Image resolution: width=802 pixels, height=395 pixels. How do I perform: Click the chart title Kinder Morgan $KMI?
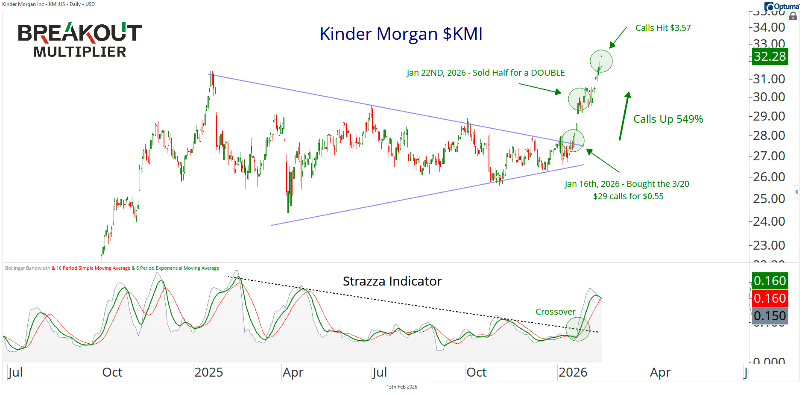(x=401, y=34)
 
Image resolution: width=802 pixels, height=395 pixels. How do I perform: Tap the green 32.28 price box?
(x=770, y=56)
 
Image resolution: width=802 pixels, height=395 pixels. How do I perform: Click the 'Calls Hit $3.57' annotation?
(x=663, y=28)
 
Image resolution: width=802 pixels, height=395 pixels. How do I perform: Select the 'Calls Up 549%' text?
(x=668, y=119)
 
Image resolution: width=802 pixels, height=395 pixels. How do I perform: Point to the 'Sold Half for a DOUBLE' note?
(x=486, y=73)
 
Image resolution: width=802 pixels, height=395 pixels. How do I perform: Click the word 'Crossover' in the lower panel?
(x=555, y=312)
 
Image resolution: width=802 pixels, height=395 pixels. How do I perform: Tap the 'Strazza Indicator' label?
(x=392, y=281)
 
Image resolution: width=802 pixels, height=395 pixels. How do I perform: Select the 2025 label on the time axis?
(x=208, y=372)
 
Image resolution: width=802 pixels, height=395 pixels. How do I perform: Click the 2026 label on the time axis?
(x=573, y=372)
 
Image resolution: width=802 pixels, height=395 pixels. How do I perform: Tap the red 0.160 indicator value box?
(x=770, y=298)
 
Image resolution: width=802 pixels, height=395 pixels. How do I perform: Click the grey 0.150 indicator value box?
(x=770, y=316)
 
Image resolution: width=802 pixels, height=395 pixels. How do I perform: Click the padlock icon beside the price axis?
(x=793, y=16)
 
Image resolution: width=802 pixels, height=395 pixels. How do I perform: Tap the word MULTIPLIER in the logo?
(x=79, y=52)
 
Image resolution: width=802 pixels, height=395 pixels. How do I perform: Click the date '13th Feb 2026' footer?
(x=401, y=387)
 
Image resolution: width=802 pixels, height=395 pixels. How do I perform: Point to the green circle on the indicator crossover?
(x=577, y=329)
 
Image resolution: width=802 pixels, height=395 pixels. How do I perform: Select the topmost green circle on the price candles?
(x=601, y=61)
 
